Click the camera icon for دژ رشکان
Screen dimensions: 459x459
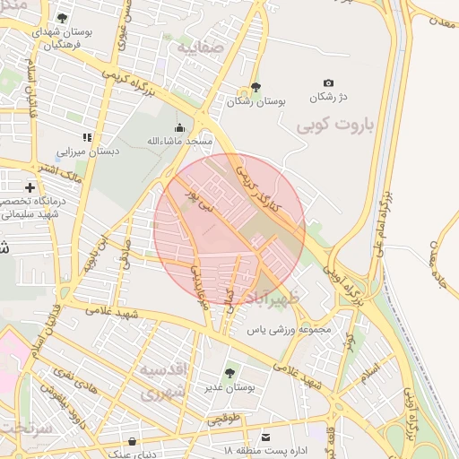327,82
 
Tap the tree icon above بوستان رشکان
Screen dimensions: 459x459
256,88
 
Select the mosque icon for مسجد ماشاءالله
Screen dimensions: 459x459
181,127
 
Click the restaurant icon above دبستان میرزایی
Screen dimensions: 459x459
87,137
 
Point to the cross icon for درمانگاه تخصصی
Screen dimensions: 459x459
31,187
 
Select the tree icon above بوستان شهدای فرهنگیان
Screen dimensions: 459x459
62,17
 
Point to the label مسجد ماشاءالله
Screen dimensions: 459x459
179,142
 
